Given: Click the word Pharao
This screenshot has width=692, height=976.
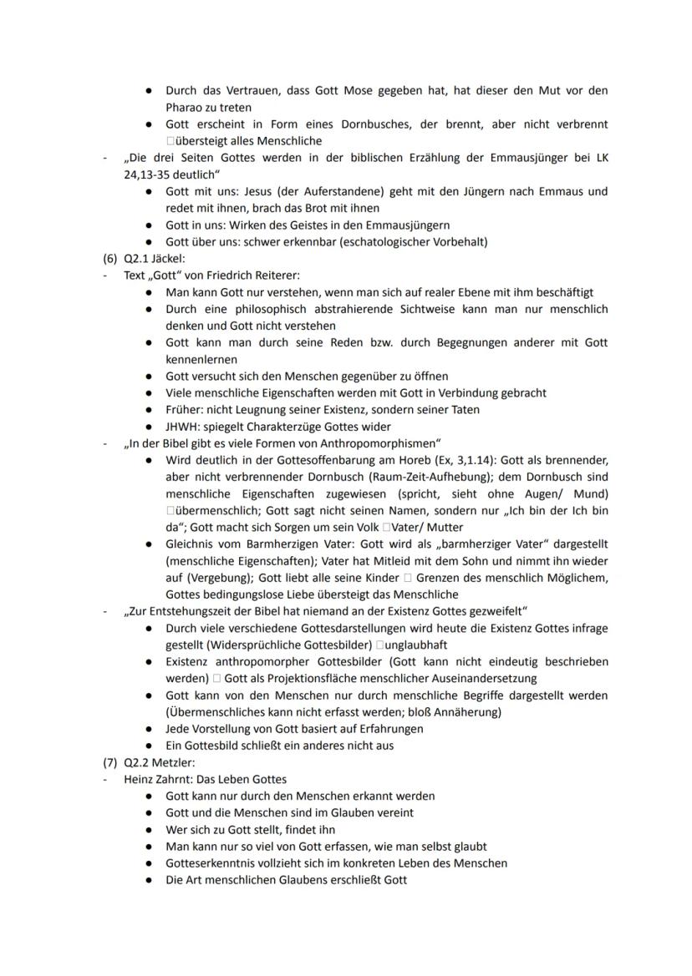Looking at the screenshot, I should click(184, 108).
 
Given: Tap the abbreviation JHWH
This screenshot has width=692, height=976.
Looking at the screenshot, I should click(182, 426).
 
